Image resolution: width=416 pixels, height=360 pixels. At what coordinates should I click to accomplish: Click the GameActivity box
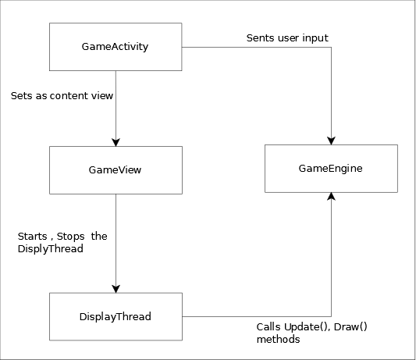116,47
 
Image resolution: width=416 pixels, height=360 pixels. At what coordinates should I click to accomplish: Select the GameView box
116,170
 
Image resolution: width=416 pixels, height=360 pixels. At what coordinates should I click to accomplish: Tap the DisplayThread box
116,316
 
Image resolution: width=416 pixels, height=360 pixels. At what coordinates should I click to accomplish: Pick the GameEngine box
331,169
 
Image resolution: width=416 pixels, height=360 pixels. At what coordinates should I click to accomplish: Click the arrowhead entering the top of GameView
116,142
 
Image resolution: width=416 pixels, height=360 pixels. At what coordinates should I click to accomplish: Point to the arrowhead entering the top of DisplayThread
116,289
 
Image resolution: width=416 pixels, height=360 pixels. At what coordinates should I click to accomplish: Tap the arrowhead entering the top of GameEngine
331,141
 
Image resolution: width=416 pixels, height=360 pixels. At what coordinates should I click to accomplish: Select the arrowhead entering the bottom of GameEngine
331,197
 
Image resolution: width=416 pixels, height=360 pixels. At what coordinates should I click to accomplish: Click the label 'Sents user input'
287,38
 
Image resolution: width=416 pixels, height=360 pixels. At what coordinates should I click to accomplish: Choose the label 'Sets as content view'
62,95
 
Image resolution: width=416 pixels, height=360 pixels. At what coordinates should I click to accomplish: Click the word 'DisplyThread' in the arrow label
51,249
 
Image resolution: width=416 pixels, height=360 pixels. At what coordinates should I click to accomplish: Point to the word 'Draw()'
350,327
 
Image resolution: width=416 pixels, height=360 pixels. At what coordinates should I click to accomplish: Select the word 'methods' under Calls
279,339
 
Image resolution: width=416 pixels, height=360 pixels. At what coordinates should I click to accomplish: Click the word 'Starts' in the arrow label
32,237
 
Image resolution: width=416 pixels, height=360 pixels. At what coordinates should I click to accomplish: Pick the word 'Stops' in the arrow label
70,237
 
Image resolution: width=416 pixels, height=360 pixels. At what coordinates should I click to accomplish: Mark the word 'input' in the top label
315,38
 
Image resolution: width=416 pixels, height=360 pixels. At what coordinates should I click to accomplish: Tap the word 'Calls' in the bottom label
268,327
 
